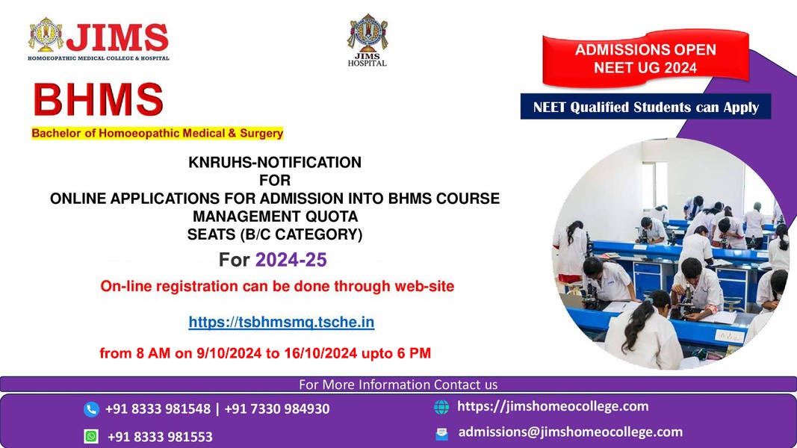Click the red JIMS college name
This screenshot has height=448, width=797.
click(117, 37)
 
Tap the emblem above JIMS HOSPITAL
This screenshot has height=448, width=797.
click(368, 33)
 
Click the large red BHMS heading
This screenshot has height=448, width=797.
click(98, 99)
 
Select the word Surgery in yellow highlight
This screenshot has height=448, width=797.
click(261, 133)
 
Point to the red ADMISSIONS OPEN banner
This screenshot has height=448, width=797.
click(645, 58)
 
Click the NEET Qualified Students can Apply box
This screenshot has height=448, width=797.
click(645, 107)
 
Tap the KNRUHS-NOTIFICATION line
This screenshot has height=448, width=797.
click(275, 162)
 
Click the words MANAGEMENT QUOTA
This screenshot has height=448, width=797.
click(275, 217)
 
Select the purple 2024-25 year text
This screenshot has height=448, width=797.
click(291, 260)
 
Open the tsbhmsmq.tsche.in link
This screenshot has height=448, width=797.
click(281, 322)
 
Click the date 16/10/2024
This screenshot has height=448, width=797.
click(320, 353)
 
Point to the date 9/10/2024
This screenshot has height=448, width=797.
click(229, 353)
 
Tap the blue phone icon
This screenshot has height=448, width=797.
click(91, 409)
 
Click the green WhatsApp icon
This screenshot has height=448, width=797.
click(91, 436)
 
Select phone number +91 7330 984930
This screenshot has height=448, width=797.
click(277, 408)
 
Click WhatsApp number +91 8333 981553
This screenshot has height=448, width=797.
click(160, 437)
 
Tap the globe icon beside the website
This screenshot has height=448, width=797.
click(441, 407)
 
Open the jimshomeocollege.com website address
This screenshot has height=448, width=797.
click(553, 406)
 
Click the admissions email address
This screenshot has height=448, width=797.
click(571, 432)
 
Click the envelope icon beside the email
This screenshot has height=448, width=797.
click(441, 433)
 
